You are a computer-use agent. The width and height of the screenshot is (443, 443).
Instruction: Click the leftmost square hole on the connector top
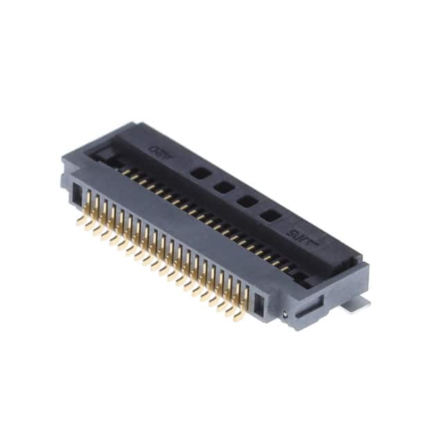coord(199,172)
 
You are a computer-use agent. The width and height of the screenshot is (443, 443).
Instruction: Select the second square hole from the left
coord(223,187)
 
